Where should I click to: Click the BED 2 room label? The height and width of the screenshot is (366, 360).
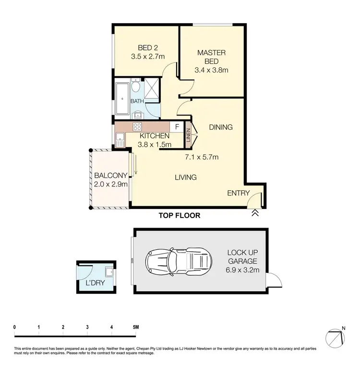point(147,48)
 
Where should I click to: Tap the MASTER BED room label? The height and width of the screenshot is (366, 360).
point(212,57)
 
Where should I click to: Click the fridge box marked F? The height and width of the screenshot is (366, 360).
point(177,127)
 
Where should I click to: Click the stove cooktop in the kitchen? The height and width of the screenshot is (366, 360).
point(137,127)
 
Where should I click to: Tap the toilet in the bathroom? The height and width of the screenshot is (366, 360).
point(136,87)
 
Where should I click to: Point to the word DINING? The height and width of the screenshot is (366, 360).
point(221,127)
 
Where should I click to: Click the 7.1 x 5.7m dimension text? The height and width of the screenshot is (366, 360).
point(202,157)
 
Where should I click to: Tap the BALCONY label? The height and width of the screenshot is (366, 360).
point(111,175)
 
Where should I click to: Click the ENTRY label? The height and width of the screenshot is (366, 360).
point(239,193)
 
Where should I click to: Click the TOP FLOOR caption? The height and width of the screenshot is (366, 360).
point(179,216)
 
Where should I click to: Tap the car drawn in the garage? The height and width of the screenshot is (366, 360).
point(178,261)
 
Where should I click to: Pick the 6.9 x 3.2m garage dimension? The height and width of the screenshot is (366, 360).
point(243,270)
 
